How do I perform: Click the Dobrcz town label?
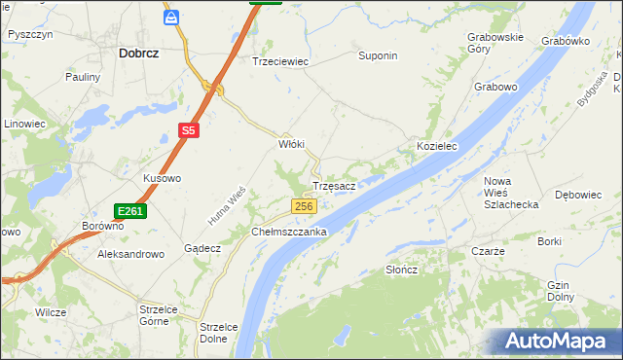tap(138, 55)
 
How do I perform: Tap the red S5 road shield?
tap(189, 129)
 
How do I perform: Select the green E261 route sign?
tap(129, 211)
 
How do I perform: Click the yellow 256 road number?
tap(305, 206)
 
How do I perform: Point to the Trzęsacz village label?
tap(339, 185)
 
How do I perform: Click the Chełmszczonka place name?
tap(289, 233)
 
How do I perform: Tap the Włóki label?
tap(292, 144)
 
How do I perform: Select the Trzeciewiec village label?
tap(280, 60)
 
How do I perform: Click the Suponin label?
tap(379, 55)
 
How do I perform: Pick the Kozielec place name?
tap(437, 145)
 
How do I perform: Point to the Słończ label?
tap(401, 270)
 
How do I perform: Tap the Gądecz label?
tap(202, 248)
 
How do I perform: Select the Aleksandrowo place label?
tap(131, 253)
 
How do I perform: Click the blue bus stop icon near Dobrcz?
tap(171, 18)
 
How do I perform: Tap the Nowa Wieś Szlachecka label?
tap(510, 193)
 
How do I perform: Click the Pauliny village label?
tap(83, 76)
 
